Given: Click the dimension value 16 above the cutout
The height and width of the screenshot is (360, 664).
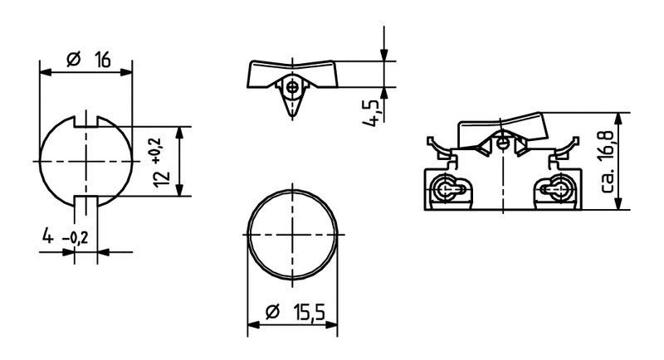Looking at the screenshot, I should point(102,59).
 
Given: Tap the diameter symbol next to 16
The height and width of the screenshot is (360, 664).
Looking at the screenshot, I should point(72,59).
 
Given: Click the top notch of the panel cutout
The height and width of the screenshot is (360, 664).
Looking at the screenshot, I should point(86,121).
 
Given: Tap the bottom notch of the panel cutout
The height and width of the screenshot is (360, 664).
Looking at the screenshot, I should point(86,200).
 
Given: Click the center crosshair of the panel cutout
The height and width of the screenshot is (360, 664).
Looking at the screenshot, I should point(86,160).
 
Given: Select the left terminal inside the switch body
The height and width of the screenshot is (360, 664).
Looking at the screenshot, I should point(448,190).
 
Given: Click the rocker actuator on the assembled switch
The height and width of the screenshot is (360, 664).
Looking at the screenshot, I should point(503,128).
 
